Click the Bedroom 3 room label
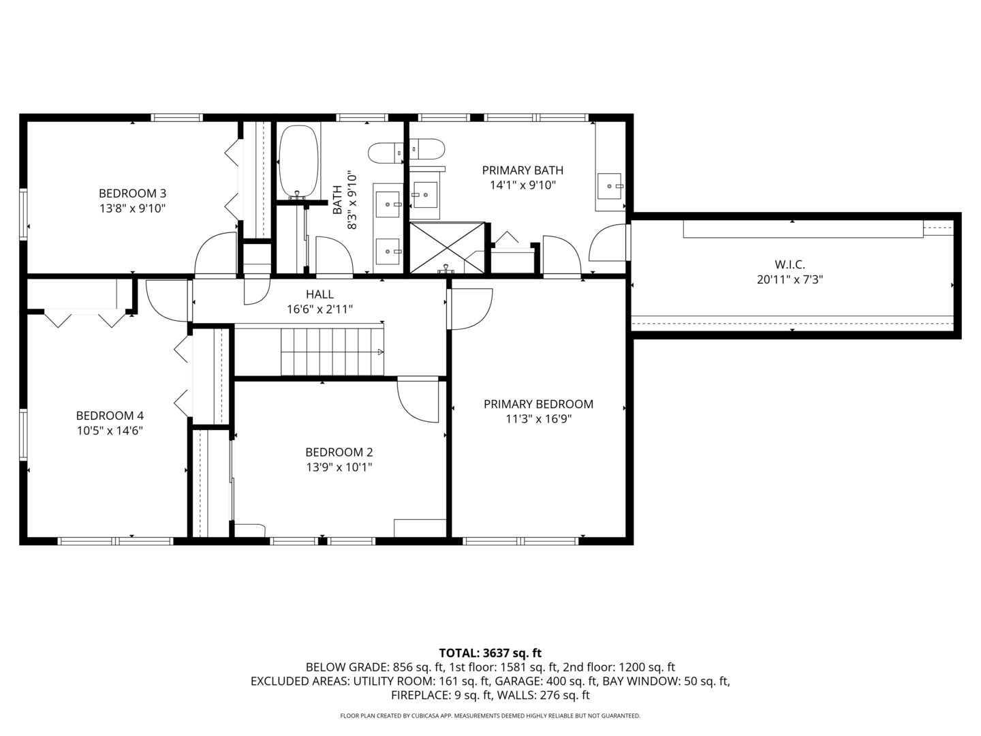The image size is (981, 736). [132, 193]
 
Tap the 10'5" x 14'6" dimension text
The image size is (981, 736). [109, 431]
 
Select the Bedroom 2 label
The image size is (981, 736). [339, 452]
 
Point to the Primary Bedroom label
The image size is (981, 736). [538, 404]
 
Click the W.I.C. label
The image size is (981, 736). [790, 264]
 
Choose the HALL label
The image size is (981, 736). [320, 294]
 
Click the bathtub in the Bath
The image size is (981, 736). [298, 162]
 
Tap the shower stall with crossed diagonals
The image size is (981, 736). [447, 247]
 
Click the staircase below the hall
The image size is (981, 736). [332, 351]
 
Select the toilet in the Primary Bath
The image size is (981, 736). [427, 148]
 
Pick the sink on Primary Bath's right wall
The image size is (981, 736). [610, 185]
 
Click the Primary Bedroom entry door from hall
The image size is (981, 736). [470, 309]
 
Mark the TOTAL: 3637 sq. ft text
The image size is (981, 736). [490, 653]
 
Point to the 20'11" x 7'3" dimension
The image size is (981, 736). [790, 279]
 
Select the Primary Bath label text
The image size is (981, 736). [523, 170]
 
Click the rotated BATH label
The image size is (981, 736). [337, 200]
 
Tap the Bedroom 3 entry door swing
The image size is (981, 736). [215, 255]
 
